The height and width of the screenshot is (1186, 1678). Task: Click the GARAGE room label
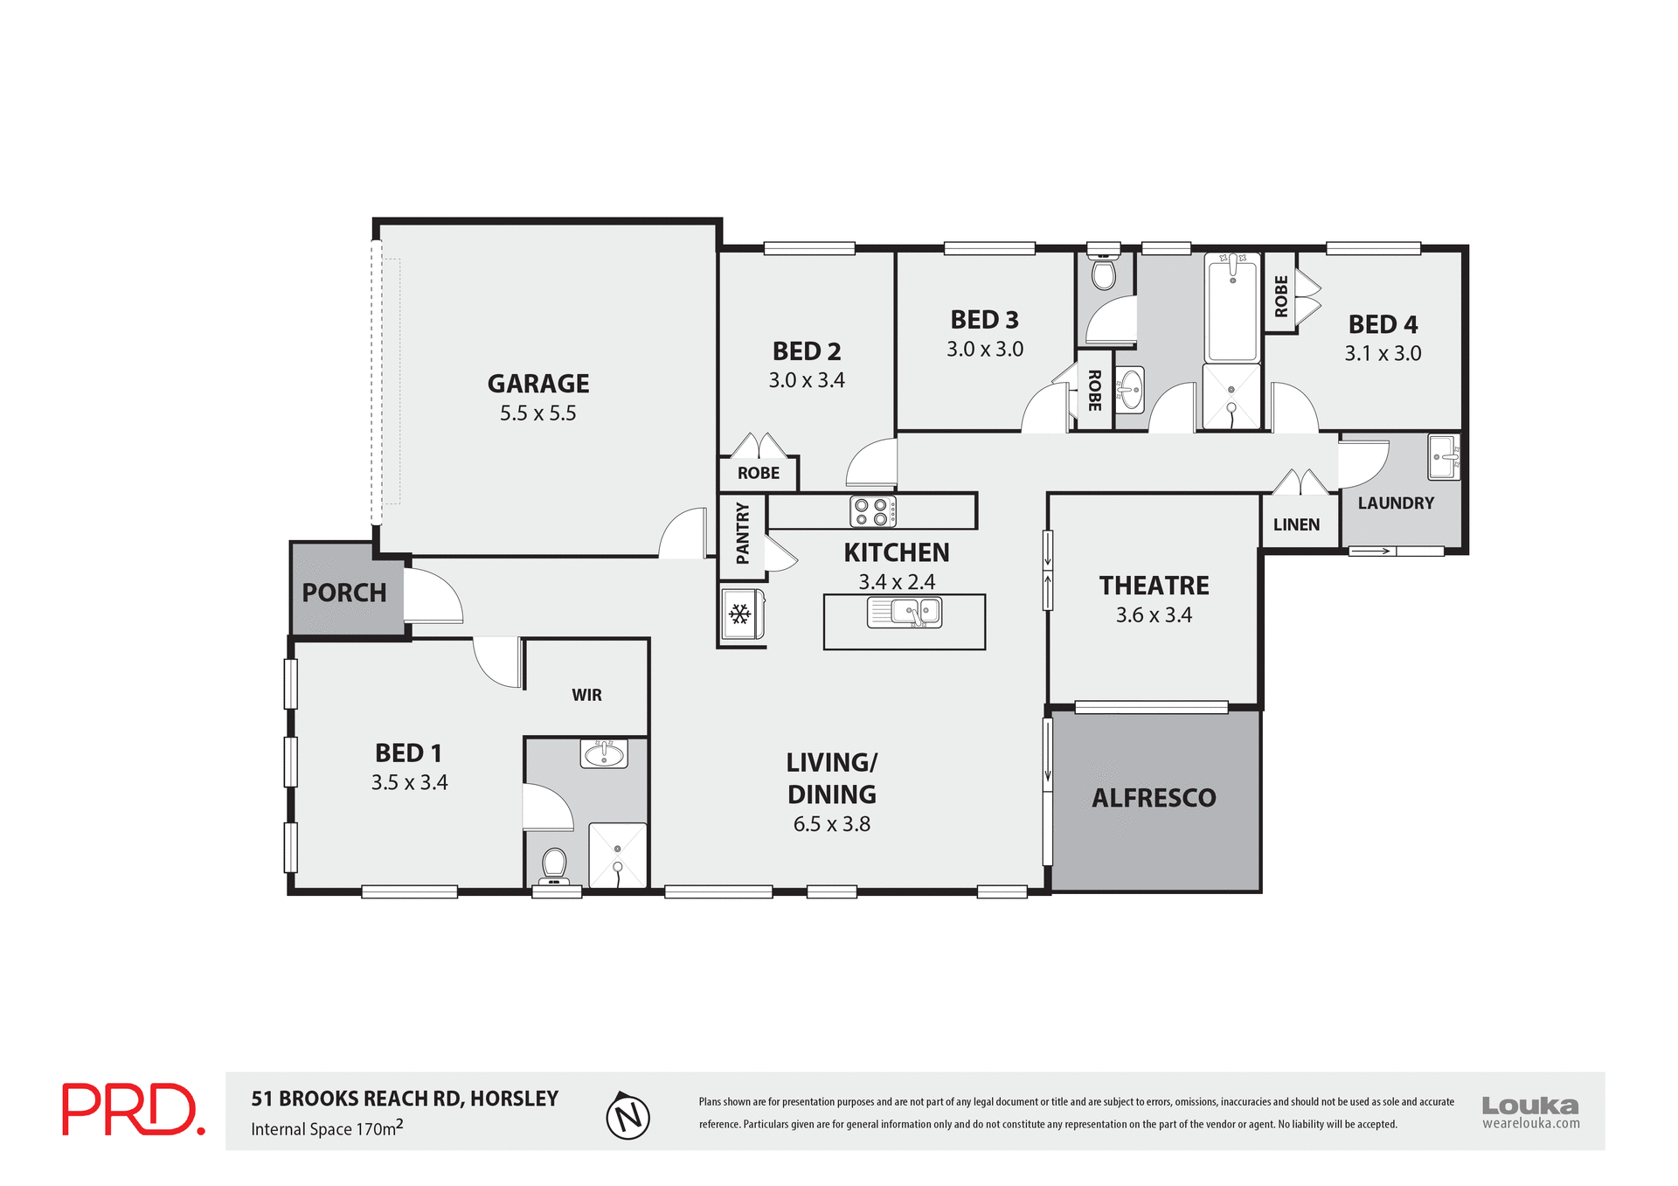(x=537, y=384)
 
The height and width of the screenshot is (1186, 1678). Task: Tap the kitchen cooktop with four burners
(x=872, y=512)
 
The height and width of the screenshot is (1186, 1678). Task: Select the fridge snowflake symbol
(x=740, y=614)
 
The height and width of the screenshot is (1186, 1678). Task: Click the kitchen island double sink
(x=904, y=612)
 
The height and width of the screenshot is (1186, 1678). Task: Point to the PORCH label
(x=343, y=593)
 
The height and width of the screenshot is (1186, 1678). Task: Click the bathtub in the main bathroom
(x=1231, y=307)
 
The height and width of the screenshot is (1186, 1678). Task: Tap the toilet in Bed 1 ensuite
(x=554, y=865)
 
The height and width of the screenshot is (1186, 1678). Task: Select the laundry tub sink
(x=1443, y=456)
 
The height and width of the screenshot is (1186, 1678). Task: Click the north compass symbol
(x=628, y=1116)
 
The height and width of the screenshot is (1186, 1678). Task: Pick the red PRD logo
(x=133, y=1110)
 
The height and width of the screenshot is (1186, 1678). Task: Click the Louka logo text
(x=1529, y=1106)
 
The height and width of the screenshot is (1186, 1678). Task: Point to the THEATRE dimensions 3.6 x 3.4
(x=1153, y=615)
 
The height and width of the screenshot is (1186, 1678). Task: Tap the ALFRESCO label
(x=1154, y=798)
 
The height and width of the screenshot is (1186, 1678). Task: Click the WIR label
(x=586, y=695)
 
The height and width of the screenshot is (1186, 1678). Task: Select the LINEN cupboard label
(x=1296, y=524)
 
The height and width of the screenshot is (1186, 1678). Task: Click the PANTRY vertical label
(x=742, y=533)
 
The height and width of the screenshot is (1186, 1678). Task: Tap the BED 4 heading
(x=1382, y=324)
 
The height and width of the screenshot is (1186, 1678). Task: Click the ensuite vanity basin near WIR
(x=603, y=753)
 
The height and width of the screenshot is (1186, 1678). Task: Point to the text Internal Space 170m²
(x=327, y=1128)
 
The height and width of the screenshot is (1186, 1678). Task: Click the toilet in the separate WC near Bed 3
(x=1104, y=273)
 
